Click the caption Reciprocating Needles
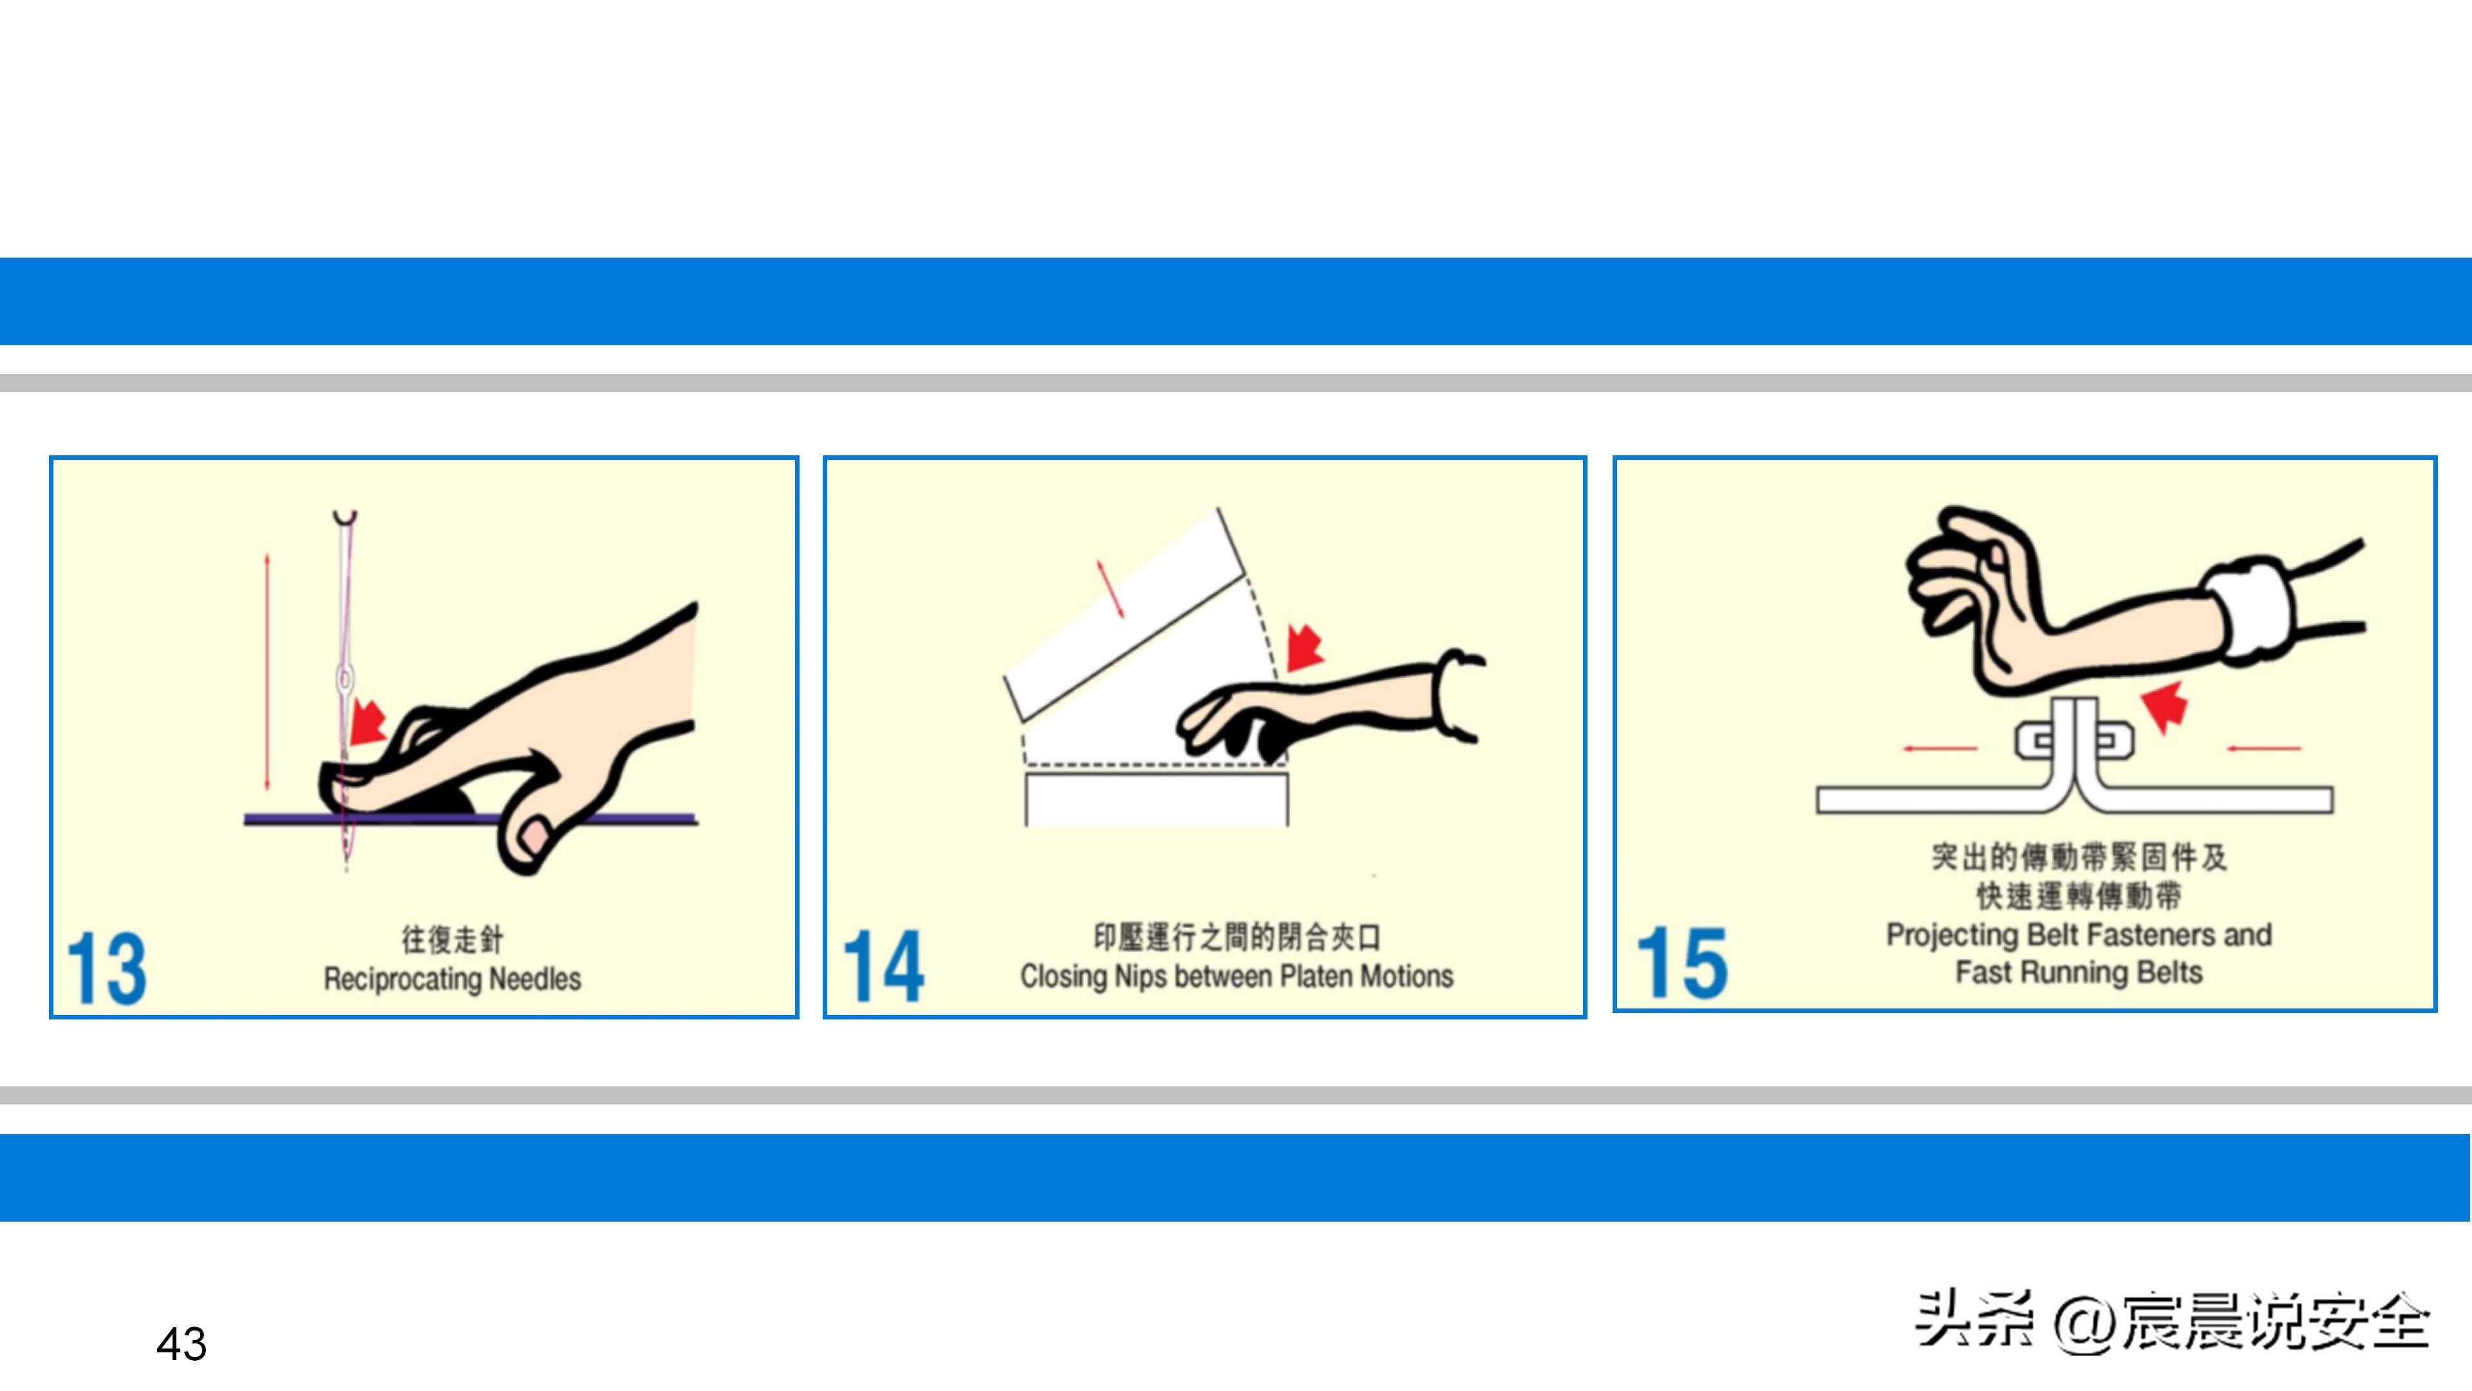pyautogui.click(x=452, y=979)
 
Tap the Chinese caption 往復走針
pyautogui.click(x=452, y=939)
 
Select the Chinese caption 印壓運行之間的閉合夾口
pyautogui.click(x=1236, y=937)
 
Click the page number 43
pyautogui.click(x=182, y=1344)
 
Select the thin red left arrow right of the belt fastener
pyautogui.click(x=2265, y=748)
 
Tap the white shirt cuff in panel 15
pyautogui.click(x=2247, y=612)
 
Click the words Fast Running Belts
pyautogui.click(x=2079, y=972)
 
